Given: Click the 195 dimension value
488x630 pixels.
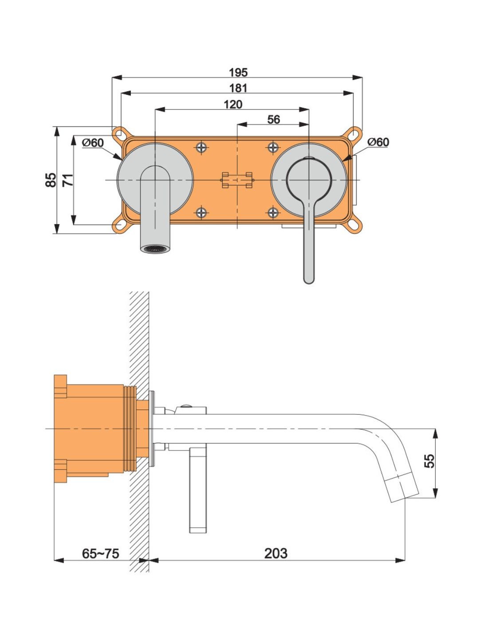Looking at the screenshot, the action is [238, 73].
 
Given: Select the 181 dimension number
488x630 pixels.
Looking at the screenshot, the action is [238, 88].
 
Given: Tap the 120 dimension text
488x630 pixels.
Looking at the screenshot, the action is [233, 105].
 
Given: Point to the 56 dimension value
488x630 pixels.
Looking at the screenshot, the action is [273, 120].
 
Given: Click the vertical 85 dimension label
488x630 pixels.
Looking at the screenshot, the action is [51, 180].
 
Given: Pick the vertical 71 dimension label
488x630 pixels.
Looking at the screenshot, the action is [68, 180].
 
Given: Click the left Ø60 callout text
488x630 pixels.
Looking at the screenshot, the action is [93, 143].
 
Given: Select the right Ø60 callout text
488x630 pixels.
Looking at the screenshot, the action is [378, 142].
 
